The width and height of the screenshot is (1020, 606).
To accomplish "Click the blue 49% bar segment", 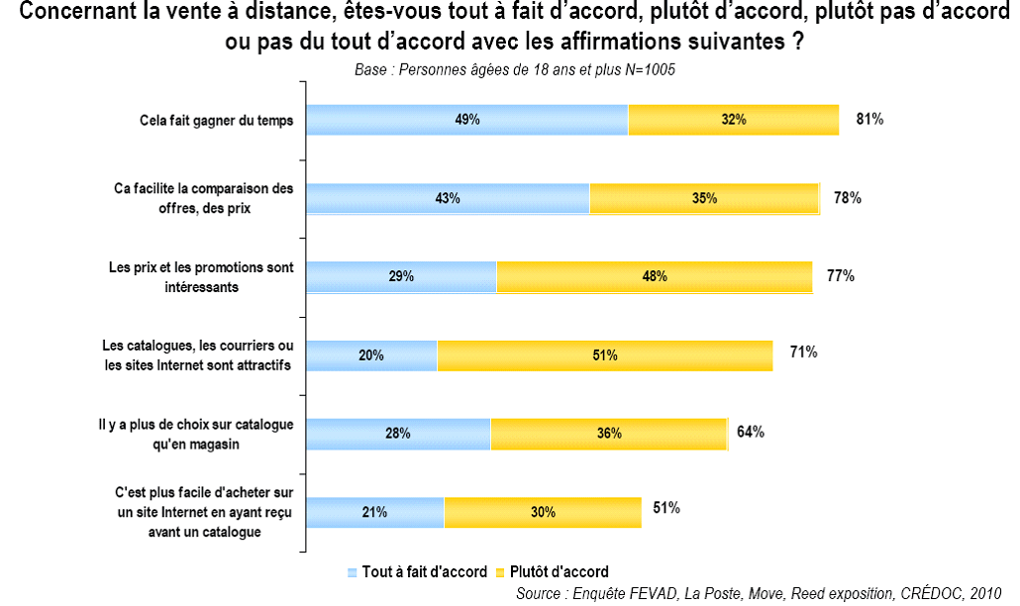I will pyautogui.click(x=467, y=120).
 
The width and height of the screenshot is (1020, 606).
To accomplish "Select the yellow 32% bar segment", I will pyautogui.click(x=734, y=120).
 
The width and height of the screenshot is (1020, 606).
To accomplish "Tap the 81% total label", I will pyautogui.click(x=869, y=119).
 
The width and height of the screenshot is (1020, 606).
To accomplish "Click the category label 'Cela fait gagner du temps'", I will pyautogui.click(x=218, y=121).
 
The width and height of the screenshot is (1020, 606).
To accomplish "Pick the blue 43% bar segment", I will pyautogui.click(x=448, y=198).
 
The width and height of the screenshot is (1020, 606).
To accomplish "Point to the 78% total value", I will pyautogui.click(x=848, y=198).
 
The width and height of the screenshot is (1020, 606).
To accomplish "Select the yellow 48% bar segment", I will pyautogui.click(x=654, y=276).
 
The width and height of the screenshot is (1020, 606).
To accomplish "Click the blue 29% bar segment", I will pyautogui.click(x=401, y=276).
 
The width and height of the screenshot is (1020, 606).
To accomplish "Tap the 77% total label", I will pyautogui.click(x=841, y=275).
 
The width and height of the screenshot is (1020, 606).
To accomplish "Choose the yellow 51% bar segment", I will pyautogui.click(x=605, y=354).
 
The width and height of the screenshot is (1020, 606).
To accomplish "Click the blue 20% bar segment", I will pyautogui.click(x=371, y=354).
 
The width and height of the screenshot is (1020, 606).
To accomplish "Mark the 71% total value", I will pyautogui.click(x=802, y=352).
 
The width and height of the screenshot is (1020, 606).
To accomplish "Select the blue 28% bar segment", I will pyautogui.click(x=398, y=434).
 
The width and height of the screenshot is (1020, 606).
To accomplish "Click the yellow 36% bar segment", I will pyautogui.click(x=609, y=434).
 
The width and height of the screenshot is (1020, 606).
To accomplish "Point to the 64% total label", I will pyautogui.click(x=750, y=432).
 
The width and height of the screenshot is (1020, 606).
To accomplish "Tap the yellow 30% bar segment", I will pyautogui.click(x=543, y=512).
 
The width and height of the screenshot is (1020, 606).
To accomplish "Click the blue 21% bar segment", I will pyautogui.click(x=374, y=512).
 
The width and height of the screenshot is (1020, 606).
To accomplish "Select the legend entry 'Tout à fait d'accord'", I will pyautogui.click(x=417, y=572).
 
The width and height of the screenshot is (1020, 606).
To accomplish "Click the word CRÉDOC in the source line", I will pyautogui.click(x=937, y=593).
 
